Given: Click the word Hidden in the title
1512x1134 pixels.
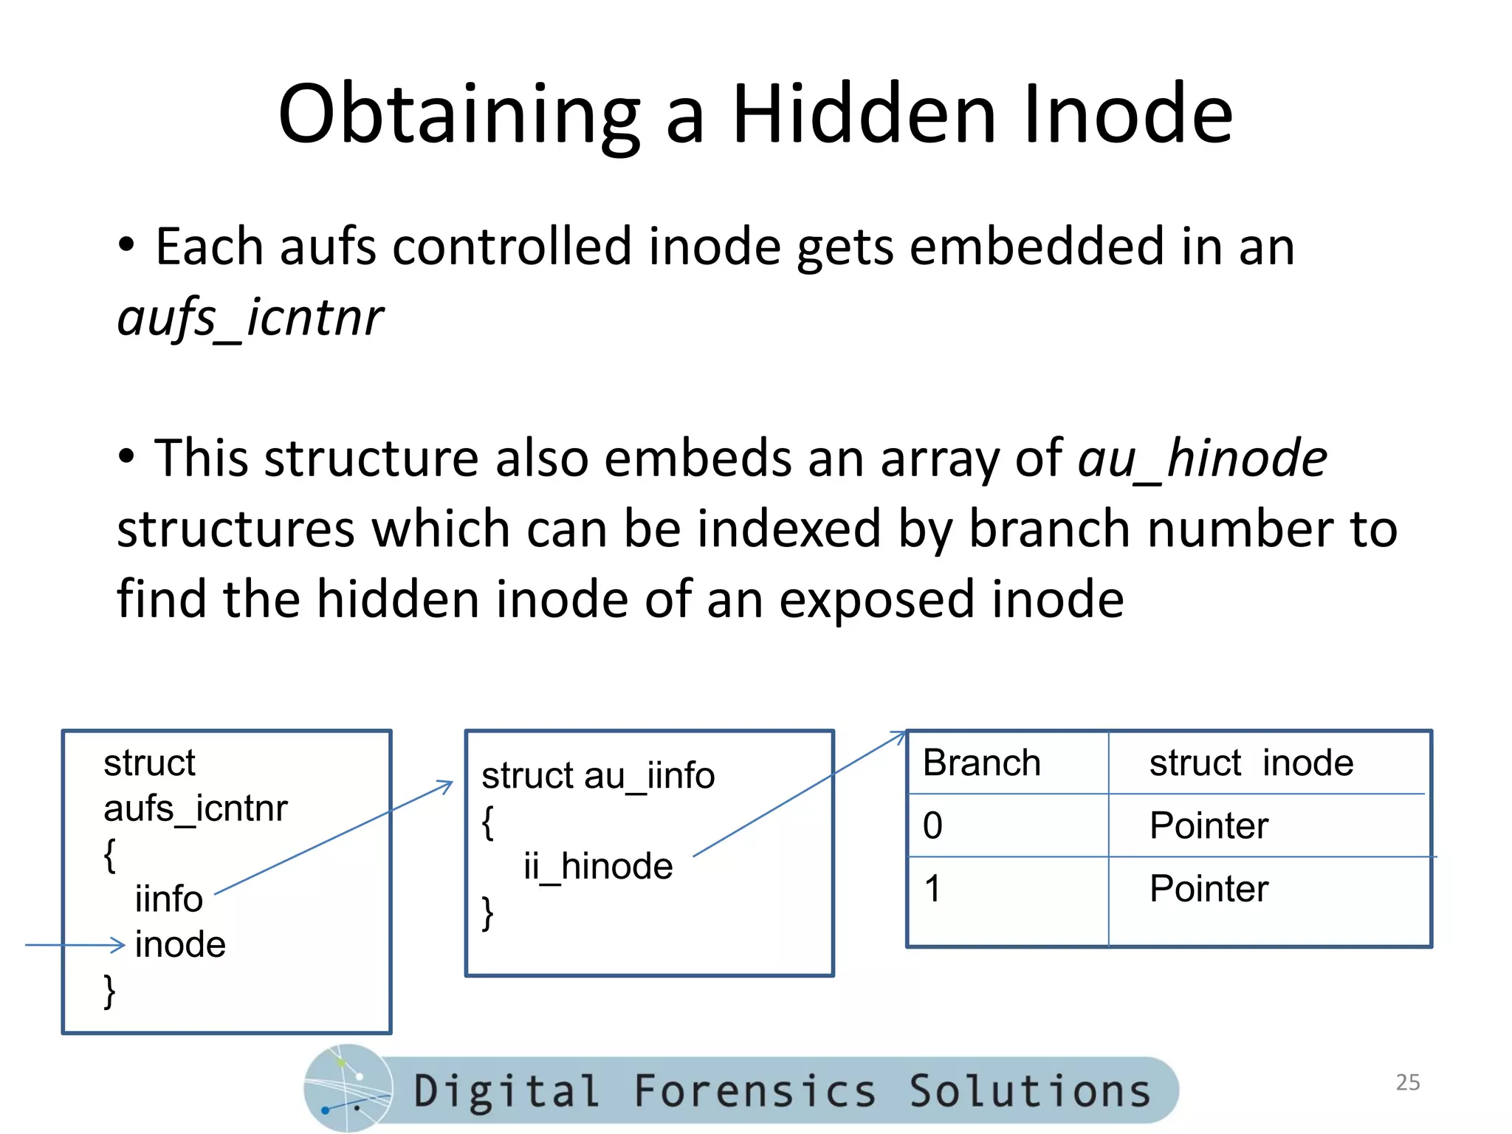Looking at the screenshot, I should (864, 114).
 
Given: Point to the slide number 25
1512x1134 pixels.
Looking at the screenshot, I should (1407, 1082).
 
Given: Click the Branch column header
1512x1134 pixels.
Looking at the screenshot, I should (981, 763).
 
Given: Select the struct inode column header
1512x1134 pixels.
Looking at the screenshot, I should (1251, 763).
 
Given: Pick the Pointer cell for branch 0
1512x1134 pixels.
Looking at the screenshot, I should (1209, 825).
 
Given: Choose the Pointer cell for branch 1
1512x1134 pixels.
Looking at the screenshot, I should (1209, 888).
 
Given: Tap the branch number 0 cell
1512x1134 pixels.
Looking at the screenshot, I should (932, 825).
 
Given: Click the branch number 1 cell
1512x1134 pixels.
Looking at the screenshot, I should (932, 888).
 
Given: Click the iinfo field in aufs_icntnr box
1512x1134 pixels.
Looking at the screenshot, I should (168, 899).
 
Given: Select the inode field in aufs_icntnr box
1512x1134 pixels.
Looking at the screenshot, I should (180, 945).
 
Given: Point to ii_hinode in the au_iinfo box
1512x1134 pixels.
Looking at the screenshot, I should (598, 866).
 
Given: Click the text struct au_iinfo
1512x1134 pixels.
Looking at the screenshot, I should (598, 776).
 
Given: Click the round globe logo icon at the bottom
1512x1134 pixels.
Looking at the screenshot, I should (347, 1088).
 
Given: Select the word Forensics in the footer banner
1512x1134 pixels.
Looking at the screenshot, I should (755, 1091).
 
